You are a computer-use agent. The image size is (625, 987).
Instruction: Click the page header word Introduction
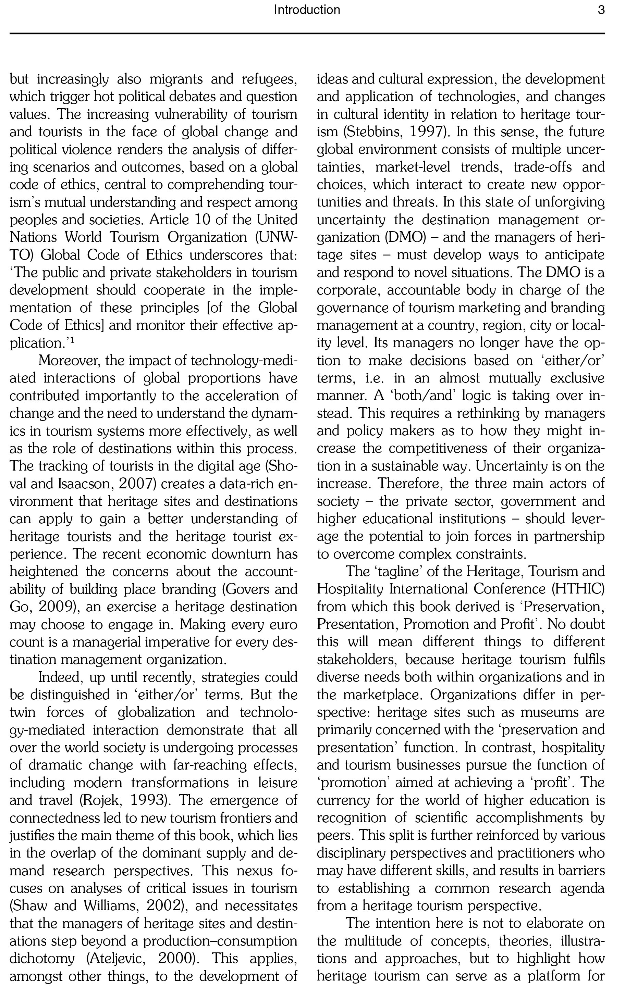point(307,10)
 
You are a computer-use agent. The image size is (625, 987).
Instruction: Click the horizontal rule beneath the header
point(307,33)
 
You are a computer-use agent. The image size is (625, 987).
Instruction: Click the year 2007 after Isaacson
point(137,484)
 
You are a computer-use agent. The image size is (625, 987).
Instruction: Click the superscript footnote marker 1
point(72,339)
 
